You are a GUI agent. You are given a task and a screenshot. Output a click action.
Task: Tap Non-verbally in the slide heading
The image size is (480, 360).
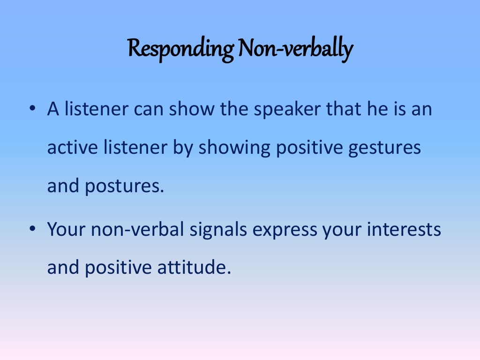294,49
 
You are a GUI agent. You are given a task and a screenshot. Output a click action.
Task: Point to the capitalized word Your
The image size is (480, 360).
66,230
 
